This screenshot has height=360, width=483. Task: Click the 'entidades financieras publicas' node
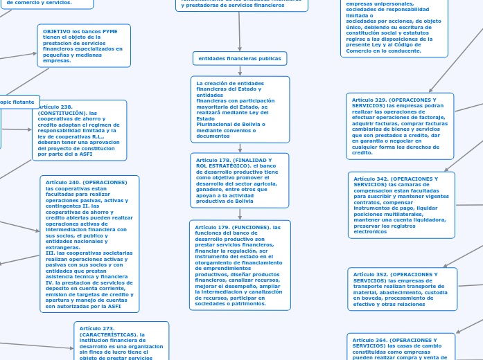240,58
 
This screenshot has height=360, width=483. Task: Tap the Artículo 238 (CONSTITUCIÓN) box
79,130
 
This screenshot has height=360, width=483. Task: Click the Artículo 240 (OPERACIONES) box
89,244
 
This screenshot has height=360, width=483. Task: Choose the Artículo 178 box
239,180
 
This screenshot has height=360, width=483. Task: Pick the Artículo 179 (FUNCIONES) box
240,265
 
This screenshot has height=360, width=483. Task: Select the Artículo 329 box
400,126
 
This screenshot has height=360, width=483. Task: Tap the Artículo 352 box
403,289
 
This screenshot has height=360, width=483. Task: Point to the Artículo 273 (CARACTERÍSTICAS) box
121,342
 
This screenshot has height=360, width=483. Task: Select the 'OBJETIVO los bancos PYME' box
84,46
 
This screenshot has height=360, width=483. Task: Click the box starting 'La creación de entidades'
240,109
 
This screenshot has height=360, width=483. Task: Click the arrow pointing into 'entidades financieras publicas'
240,47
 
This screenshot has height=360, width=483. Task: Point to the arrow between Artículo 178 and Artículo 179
240,215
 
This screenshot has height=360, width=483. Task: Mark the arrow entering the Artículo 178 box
240,149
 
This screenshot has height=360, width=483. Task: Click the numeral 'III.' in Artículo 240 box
50,253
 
